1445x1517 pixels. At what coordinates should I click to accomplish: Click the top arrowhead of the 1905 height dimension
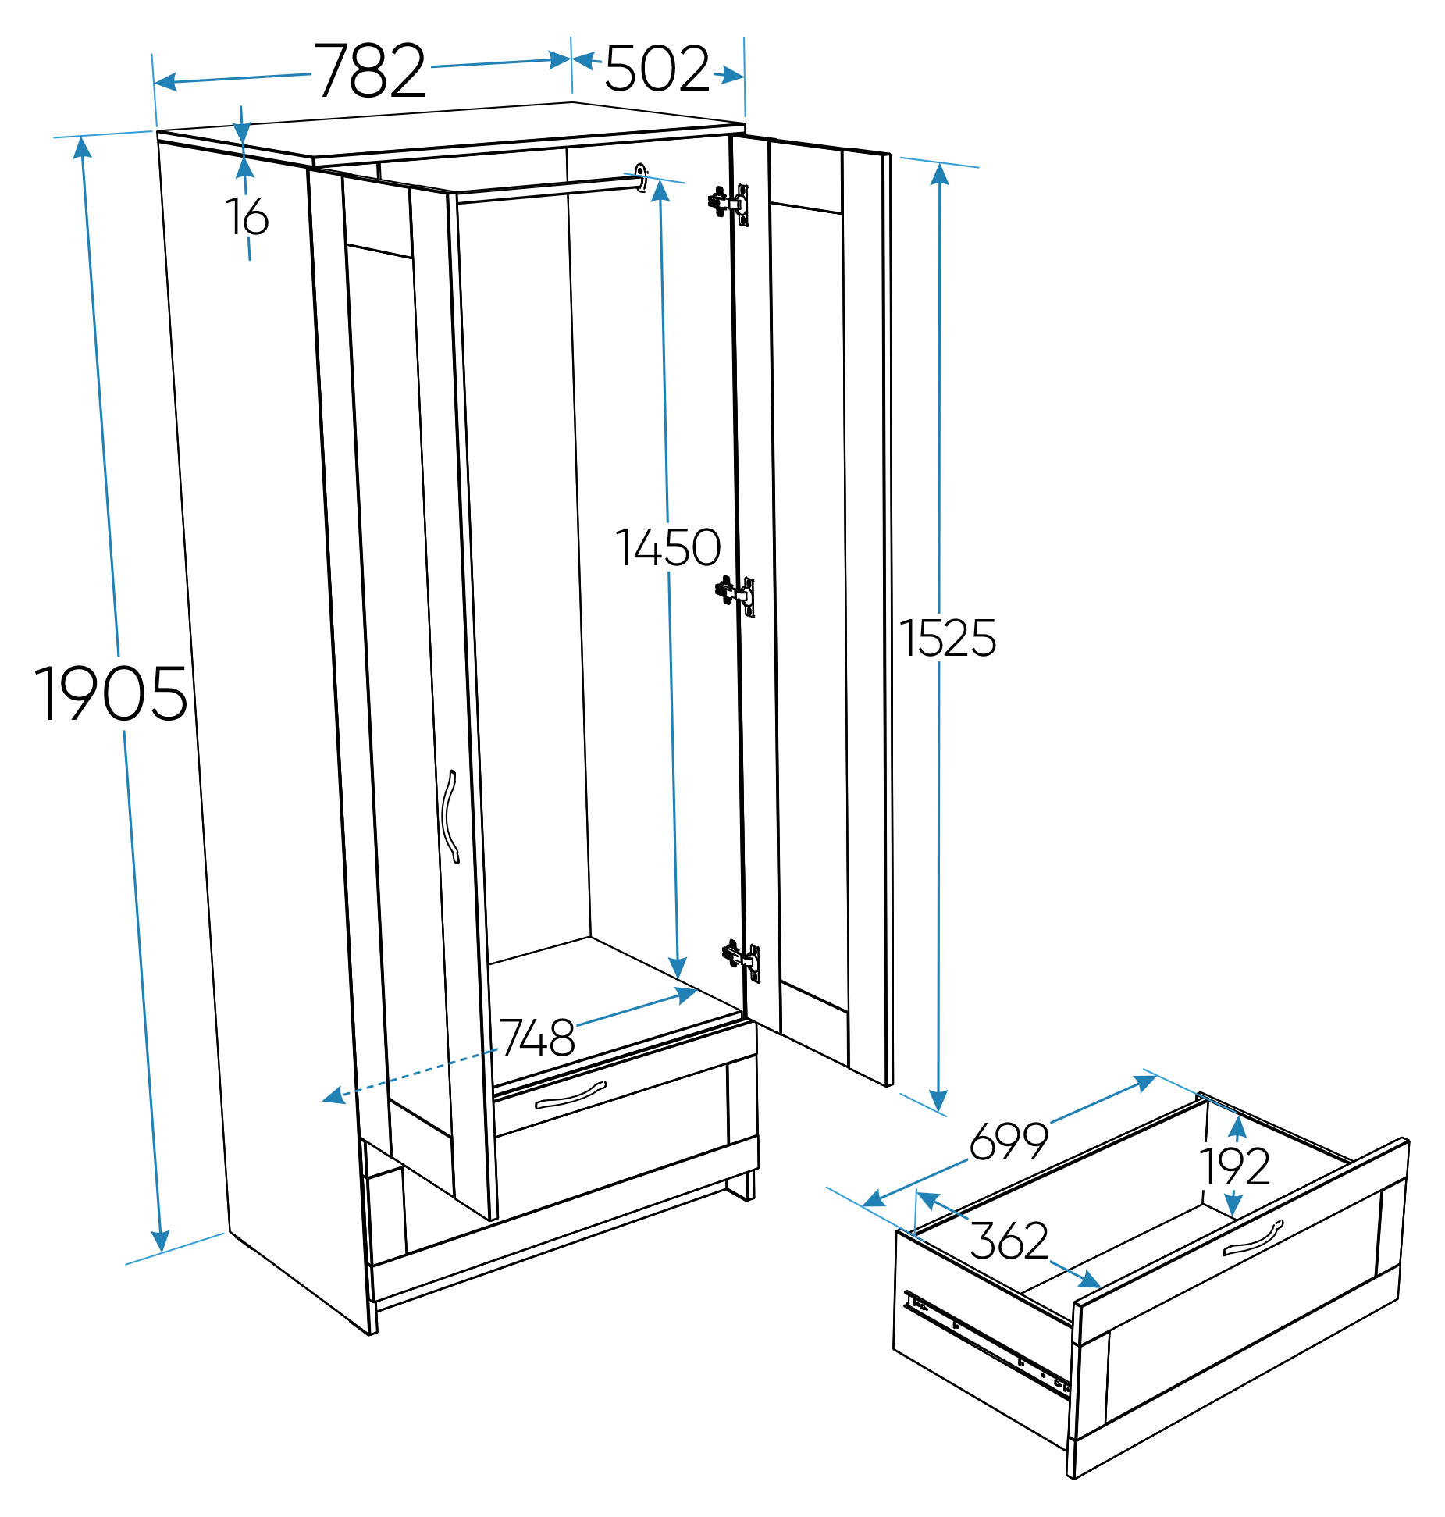pyautogui.click(x=81, y=138)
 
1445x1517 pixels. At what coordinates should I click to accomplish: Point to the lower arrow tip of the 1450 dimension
pyautogui.click(x=678, y=979)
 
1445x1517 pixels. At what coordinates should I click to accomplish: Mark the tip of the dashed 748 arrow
pyautogui.click(x=322, y=1100)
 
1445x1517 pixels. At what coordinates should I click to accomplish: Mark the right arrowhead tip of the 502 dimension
pyautogui.click(x=744, y=77)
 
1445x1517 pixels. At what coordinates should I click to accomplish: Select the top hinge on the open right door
pyautogui.click(x=729, y=204)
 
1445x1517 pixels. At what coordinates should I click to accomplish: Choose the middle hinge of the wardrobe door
pyautogui.click(x=735, y=596)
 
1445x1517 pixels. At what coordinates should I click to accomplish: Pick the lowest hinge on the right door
pyautogui.click(x=742, y=960)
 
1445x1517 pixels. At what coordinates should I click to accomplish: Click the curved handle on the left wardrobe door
pyautogui.click(x=450, y=817)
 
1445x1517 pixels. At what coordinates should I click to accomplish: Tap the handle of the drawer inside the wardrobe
pyautogui.click(x=570, y=1095)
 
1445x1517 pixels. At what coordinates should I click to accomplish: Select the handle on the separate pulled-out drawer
pyautogui.click(x=1253, y=1237)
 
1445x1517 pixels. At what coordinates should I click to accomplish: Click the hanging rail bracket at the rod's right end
pyautogui.click(x=641, y=178)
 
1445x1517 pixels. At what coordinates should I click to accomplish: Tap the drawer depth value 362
pyautogui.click(x=1009, y=1240)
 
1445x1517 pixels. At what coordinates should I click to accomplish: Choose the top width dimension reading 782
pyautogui.click(x=370, y=70)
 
